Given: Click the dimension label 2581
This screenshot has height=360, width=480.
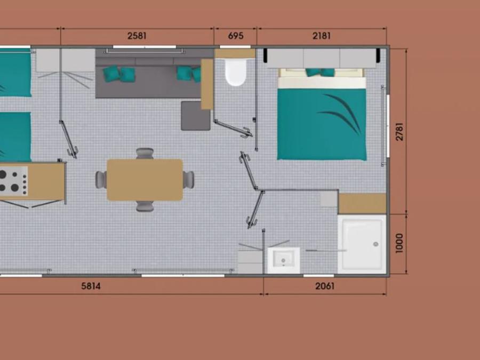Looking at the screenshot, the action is tap(137, 36).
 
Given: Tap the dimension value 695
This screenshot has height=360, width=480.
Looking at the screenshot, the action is tap(236, 36).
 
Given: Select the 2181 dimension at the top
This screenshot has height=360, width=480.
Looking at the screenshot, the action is tap(322, 36).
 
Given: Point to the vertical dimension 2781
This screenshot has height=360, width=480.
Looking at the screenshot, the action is tap(399, 132).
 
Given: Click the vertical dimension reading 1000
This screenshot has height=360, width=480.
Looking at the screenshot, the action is tap(399, 243).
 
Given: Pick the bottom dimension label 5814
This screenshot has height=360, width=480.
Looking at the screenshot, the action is tap(91, 286).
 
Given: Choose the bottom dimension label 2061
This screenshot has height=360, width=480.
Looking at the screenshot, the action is tap(325, 286).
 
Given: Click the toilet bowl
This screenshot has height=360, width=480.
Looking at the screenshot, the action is tap(235, 72).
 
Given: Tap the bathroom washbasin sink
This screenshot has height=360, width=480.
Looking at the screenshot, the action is tap(284, 260).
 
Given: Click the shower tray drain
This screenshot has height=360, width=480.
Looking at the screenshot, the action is tap(376, 244).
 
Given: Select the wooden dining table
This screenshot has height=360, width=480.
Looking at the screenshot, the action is tap(145, 180).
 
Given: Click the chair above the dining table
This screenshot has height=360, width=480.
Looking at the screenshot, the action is tap(145, 154).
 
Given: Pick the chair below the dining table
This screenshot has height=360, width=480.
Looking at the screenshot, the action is tap(145, 206).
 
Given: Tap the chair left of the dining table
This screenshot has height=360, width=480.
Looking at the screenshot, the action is tap(101, 180).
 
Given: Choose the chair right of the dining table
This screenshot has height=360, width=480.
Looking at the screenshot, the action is tap(189, 180).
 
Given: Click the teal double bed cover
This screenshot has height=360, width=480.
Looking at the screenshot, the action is tap(322, 124).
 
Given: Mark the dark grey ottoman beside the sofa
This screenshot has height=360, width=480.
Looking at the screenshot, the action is tap(195, 116).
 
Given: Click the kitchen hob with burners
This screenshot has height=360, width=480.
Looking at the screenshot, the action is tap(13, 181).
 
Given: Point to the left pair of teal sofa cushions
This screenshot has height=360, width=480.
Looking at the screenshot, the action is tap(119, 74).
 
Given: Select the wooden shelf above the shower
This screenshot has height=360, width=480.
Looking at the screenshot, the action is tap(362, 204).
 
